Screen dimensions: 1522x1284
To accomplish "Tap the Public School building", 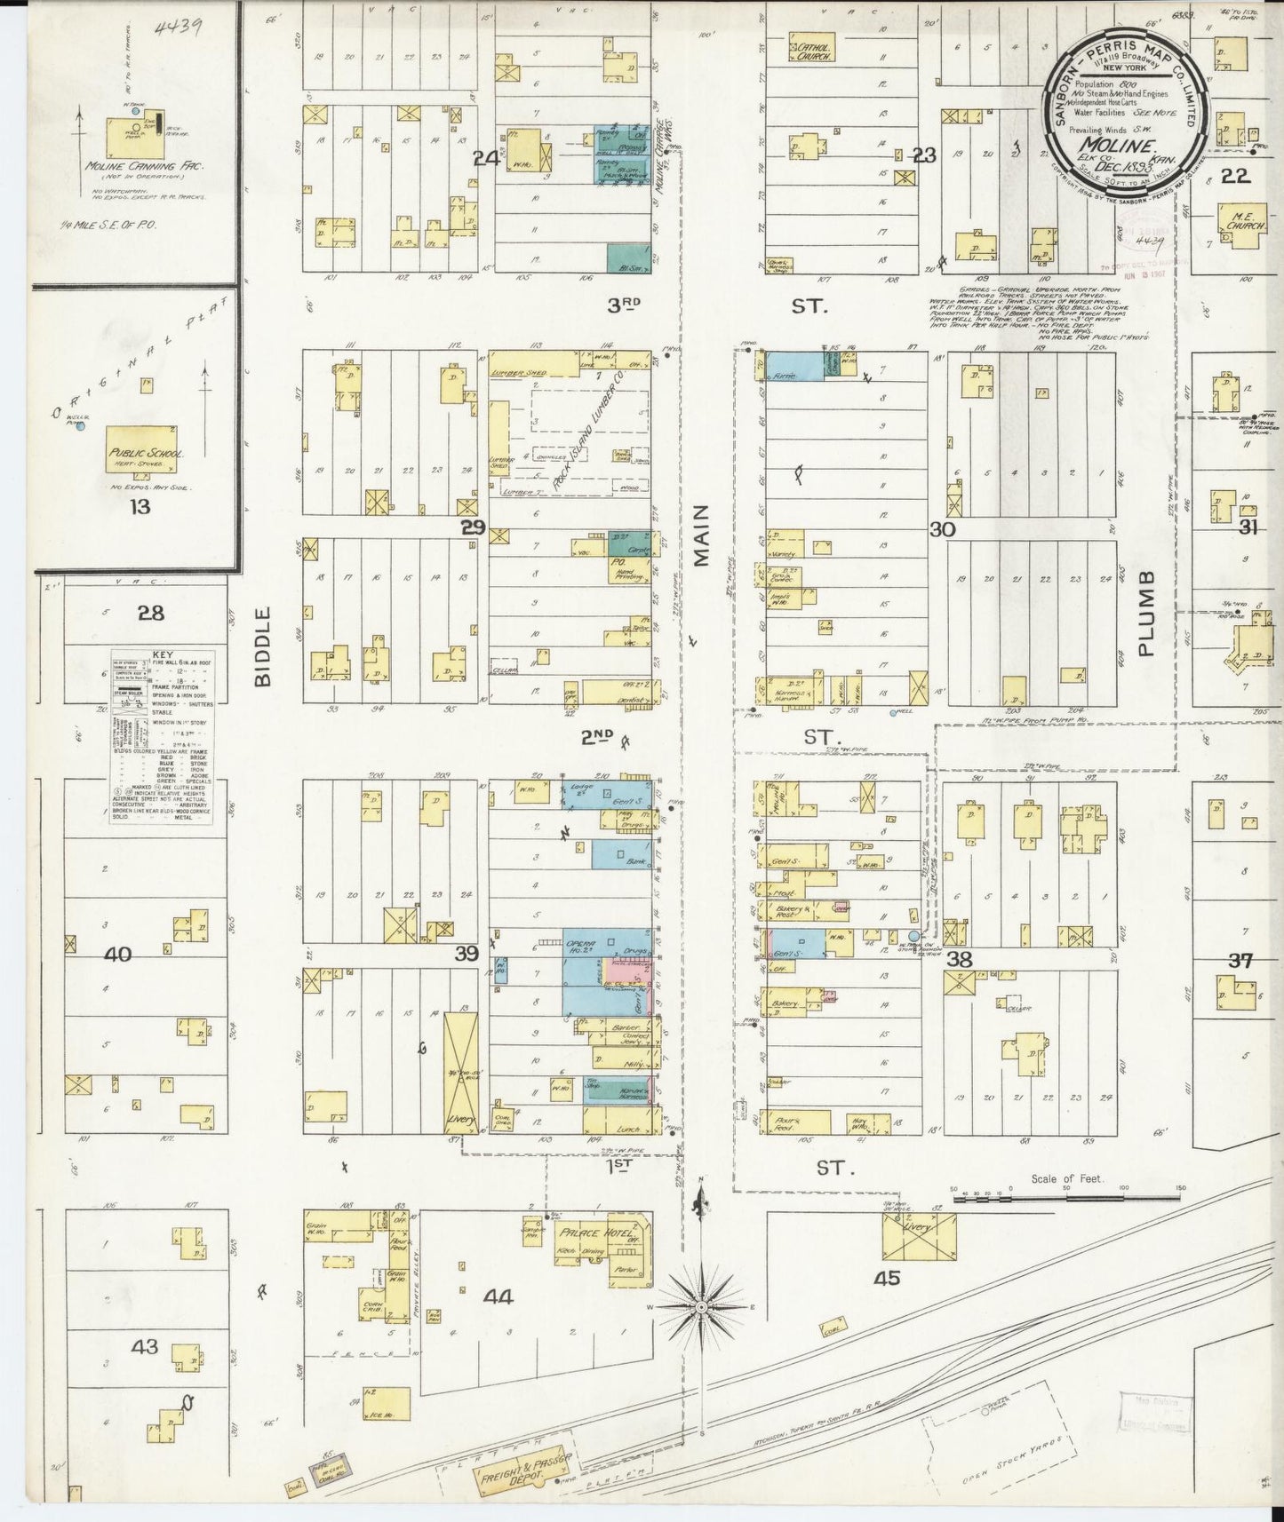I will coord(147,453).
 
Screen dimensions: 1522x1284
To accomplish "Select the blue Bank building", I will coord(622,854).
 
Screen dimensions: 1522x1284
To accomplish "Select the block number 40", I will coord(117,955).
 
